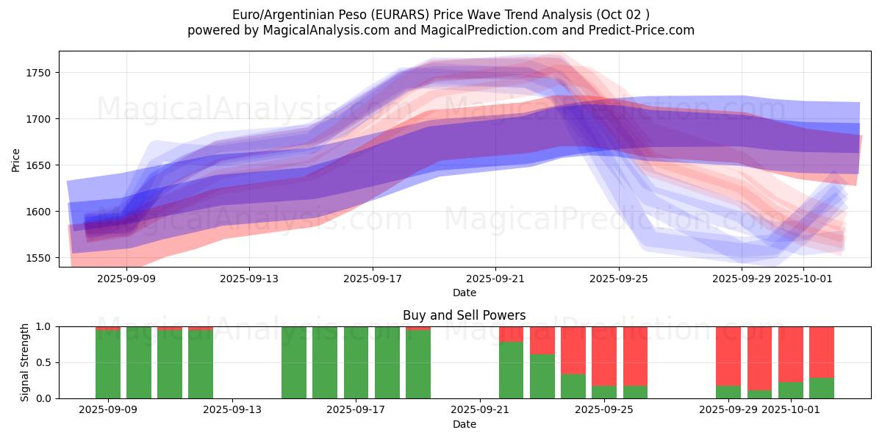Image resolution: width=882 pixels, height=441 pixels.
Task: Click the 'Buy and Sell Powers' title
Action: tap(464, 315)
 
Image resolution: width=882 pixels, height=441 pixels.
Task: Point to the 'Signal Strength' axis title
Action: tap(25, 362)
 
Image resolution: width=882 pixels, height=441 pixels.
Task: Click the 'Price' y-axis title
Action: tap(16, 159)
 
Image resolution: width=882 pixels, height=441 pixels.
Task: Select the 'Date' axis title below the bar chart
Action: tap(464, 424)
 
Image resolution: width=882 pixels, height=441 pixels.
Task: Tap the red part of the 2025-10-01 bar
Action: tap(791, 354)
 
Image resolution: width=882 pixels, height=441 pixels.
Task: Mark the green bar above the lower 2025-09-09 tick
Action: tap(108, 364)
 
